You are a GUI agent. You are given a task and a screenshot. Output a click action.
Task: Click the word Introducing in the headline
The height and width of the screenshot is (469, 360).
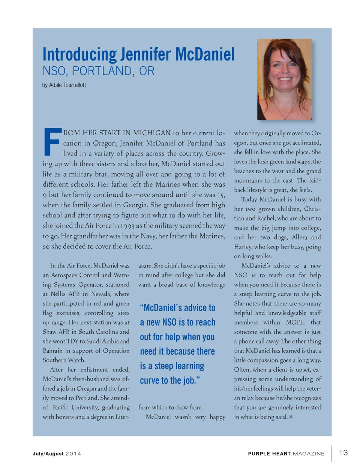[x=79, y=55]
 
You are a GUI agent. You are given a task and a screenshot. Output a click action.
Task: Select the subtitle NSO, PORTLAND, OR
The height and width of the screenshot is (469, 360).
[x=98, y=71]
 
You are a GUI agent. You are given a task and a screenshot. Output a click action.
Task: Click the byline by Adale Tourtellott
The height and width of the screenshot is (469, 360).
[x=64, y=85]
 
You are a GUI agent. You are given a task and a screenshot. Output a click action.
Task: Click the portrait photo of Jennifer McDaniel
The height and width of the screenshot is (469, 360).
[x=285, y=79]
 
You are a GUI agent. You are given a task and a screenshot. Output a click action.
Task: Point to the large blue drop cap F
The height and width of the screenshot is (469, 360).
[x=52, y=142]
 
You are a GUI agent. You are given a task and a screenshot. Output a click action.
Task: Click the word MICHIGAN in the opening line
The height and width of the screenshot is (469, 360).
[x=151, y=133]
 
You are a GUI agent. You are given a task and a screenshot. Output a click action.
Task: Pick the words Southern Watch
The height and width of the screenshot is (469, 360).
[x=64, y=360]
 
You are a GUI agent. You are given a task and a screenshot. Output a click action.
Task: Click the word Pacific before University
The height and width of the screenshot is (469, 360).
[x=60, y=407]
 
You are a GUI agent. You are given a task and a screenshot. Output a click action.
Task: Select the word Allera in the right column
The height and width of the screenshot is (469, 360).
[x=299, y=237]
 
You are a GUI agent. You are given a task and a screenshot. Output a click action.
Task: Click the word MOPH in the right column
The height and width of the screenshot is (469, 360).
[x=295, y=322]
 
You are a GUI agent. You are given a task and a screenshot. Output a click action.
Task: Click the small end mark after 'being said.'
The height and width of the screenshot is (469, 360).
[x=291, y=417]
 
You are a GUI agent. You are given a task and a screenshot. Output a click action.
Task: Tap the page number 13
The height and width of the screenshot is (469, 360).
[x=343, y=453]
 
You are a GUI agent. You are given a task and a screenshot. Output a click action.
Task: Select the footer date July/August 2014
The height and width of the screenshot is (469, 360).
[x=57, y=454]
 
